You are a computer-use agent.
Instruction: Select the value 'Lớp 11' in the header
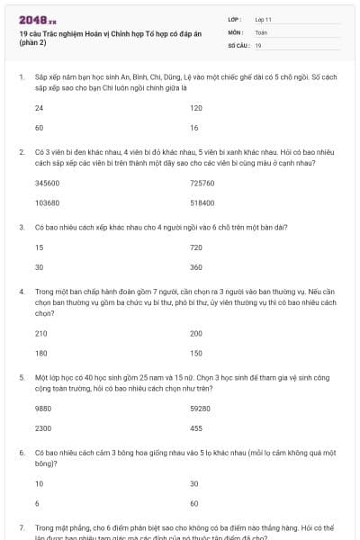(x=264, y=19)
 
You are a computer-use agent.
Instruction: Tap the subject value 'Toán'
(x=261, y=31)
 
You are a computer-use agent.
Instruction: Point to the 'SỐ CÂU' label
(x=238, y=44)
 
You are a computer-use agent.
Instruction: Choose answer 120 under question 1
(x=196, y=107)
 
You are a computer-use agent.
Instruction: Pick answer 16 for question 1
(x=194, y=127)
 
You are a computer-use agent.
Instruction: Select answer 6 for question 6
(x=37, y=503)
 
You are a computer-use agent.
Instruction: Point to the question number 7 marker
(x=22, y=526)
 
